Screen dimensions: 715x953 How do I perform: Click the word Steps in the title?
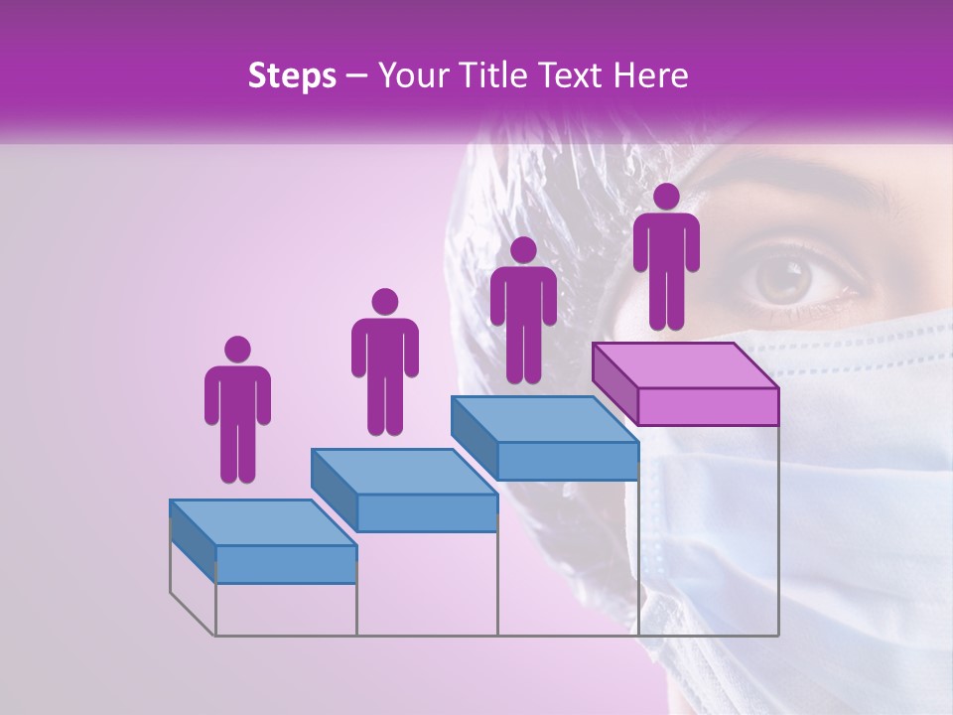[292, 76]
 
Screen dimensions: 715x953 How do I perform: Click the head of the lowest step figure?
[237, 350]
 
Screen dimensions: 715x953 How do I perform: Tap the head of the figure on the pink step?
[666, 197]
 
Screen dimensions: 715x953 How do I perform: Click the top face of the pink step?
[685, 364]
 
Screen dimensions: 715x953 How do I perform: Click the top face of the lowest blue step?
[263, 522]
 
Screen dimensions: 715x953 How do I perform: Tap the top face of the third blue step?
[544, 419]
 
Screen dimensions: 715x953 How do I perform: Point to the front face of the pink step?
[708, 406]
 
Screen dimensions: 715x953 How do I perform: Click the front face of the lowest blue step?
[286, 564]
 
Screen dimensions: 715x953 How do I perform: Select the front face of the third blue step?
[567, 461]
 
